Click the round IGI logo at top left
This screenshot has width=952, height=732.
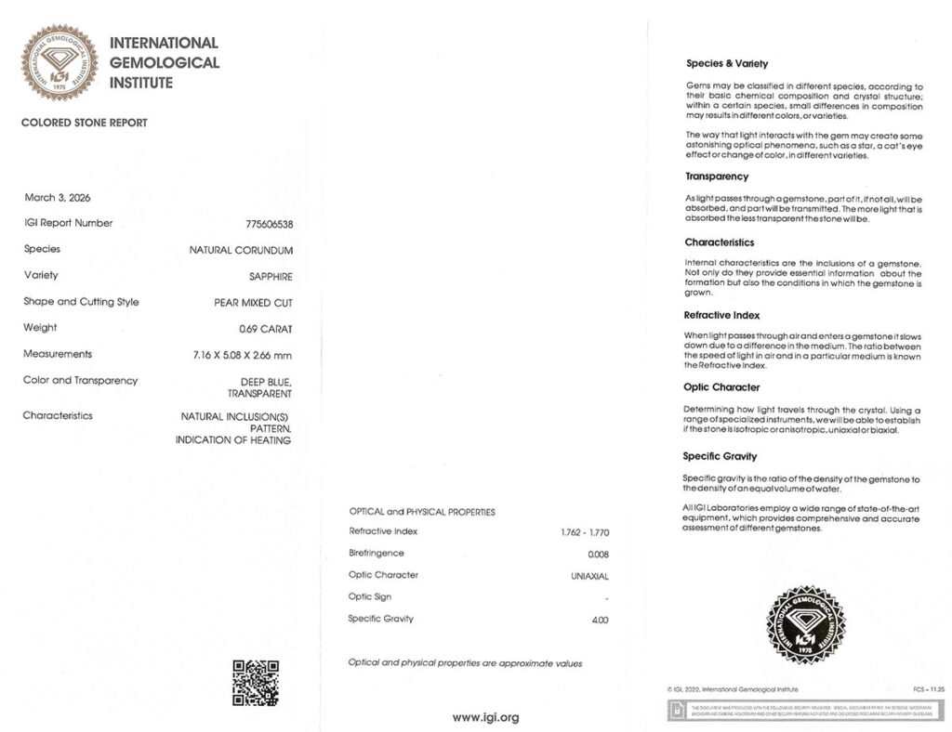59,63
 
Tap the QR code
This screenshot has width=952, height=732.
255,683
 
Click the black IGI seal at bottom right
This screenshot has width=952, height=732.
805,625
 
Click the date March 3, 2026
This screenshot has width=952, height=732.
58,197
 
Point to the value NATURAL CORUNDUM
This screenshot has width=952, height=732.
241,250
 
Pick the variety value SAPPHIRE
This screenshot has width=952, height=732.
270,276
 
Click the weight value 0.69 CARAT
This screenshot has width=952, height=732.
265,328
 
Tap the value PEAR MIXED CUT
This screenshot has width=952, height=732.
253,303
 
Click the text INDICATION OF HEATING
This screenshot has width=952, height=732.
233,440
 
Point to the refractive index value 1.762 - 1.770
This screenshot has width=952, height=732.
579,532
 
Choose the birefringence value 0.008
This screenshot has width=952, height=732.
598,554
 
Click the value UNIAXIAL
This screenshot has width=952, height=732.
589,576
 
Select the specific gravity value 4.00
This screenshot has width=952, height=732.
600,620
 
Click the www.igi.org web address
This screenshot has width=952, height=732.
485,717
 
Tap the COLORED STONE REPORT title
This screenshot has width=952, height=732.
84,123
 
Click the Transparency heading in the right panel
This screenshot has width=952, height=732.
717,176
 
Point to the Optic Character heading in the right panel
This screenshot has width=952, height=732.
721,387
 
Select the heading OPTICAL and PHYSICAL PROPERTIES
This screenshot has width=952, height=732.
422,512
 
